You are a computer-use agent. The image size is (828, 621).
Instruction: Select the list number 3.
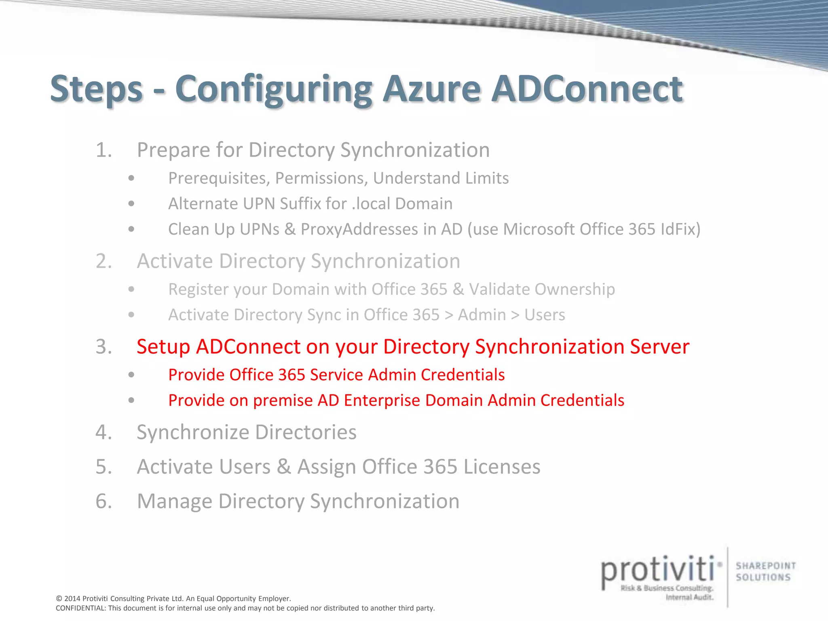coord(103,347)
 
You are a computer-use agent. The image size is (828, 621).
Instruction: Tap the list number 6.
coord(103,501)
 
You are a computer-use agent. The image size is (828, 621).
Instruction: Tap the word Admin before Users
coord(482,315)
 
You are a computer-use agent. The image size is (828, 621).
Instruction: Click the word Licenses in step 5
coord(502,467)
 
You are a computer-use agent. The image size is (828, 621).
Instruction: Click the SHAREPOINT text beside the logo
coord(766,566)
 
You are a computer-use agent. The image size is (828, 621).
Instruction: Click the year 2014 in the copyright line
coord(72,599)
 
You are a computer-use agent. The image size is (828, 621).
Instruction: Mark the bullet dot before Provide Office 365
coord(131,375)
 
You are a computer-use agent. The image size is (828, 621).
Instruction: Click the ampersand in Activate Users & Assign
coord(284,467)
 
